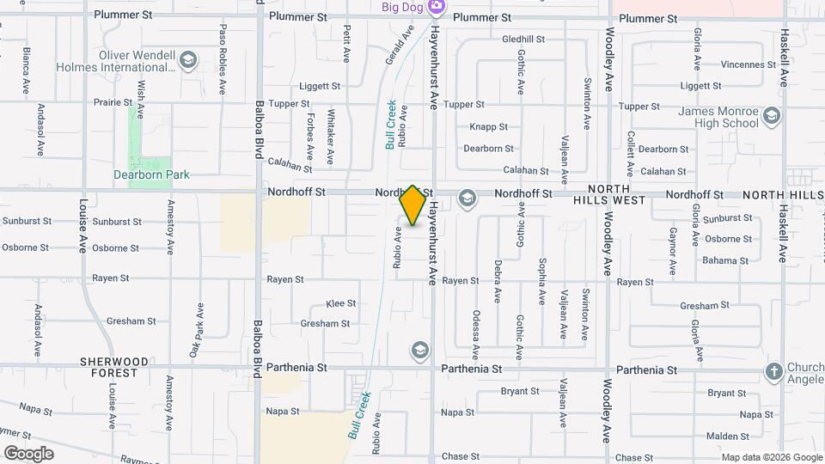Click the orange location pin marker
click(413, 205)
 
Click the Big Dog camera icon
click(437, 7)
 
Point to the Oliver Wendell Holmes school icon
click(188, 60)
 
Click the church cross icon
click(773, 371)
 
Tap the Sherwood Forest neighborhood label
click(115, 368)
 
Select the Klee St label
click(340, 304)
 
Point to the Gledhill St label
click(523, 40)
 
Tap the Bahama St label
click(718, 260)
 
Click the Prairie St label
click(112, 101)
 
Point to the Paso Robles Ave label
click(223, 58)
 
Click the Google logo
click(28, 454)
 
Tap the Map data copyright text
click(771, 457)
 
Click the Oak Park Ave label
click(196, 331)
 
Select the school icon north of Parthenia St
click(419, 350)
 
